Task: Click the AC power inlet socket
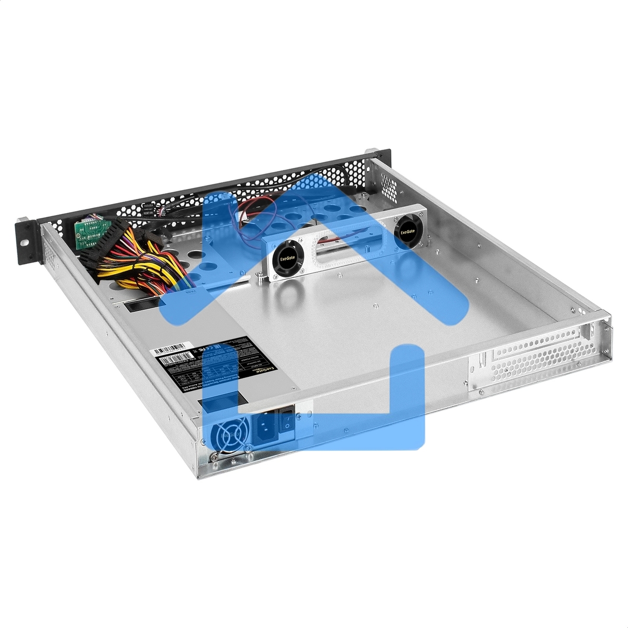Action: click(x=266, y=428)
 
